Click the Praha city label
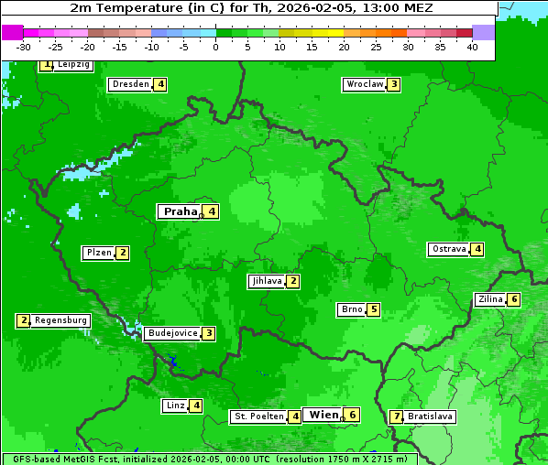pos(181,211)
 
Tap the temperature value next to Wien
pos(352,415)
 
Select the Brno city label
pos(351,309)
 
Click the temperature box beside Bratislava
pos(396,416)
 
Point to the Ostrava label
pos(448,249)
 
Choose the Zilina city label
pos(490,299)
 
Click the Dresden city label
pos(130,84)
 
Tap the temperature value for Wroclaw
pos(393,84)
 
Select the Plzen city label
pos(99,253)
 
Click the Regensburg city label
pos(61,320)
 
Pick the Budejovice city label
pos(172,333)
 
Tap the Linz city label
pos(175,406)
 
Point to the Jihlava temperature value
pos(292,281)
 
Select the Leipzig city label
pos(73,65)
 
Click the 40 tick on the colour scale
pos(472,48)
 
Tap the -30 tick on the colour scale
pos(24,48)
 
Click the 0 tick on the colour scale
pos(215,48)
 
